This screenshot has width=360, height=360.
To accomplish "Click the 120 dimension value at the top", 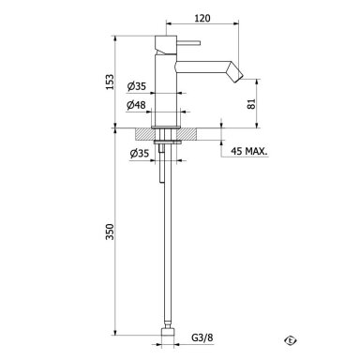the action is (202, 18).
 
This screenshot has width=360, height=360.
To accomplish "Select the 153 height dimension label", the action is (110, 82).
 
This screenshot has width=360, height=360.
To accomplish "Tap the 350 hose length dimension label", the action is (110, 232).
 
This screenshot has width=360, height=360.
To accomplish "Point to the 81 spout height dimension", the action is (252, 104).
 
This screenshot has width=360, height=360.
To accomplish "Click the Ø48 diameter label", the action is (136, 105).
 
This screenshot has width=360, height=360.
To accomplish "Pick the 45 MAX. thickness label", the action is (249, 152).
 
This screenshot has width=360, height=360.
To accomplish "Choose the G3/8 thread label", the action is (202, 337).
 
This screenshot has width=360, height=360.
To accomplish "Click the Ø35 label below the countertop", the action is (139, 154).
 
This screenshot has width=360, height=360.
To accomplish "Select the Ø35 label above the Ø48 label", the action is (137, 86).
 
